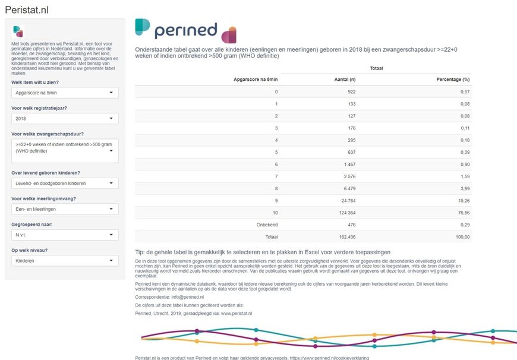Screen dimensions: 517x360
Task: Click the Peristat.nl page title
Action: [x=27, y=10]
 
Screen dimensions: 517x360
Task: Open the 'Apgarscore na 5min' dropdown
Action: [x=65, y=93]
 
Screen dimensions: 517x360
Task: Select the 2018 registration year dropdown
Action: [x=65, y=118]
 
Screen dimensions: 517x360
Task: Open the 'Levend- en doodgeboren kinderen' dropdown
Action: [x=65, y=183]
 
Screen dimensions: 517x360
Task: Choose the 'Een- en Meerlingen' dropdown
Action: [x=65, y=209]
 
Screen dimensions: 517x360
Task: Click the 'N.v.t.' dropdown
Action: [x=65, y=235]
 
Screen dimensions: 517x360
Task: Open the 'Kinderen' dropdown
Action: [x=65, y=260]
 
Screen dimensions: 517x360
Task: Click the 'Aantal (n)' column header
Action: [x=345, y=80]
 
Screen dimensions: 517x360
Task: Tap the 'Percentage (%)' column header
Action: [x=453, y=80]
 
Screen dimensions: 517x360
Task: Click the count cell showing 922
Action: [x=351, y=91]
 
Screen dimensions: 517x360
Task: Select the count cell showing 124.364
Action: [x=347, y=213]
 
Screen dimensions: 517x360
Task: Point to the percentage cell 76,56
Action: [x=464, y=213]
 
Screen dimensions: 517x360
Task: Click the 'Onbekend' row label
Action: [x=267, y=225]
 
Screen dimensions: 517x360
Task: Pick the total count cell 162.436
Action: [x=347, y=236]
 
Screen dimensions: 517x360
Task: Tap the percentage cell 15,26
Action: [x=464, y=200]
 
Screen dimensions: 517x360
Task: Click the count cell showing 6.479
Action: [x=349, y=188]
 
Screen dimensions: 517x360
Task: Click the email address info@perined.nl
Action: [x=188, y=297]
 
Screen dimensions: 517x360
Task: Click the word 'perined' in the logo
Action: [x=186, y=30]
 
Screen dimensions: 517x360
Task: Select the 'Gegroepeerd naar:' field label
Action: [x=32, y=225]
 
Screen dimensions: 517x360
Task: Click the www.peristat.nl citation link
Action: [x=237, y=314]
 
